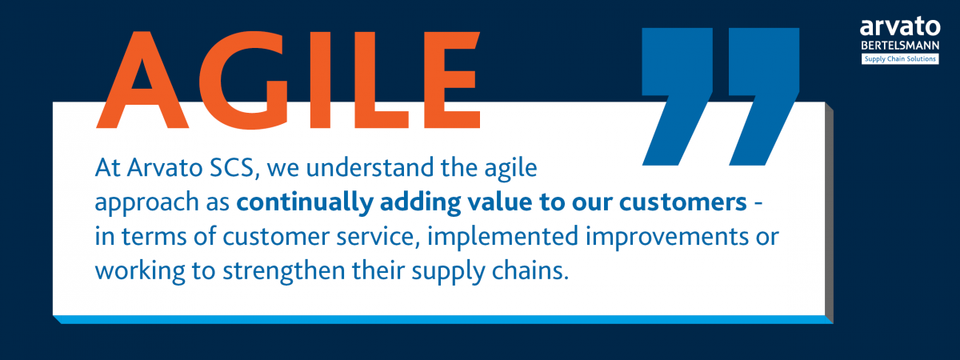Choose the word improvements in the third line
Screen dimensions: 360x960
coord(663,239)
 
